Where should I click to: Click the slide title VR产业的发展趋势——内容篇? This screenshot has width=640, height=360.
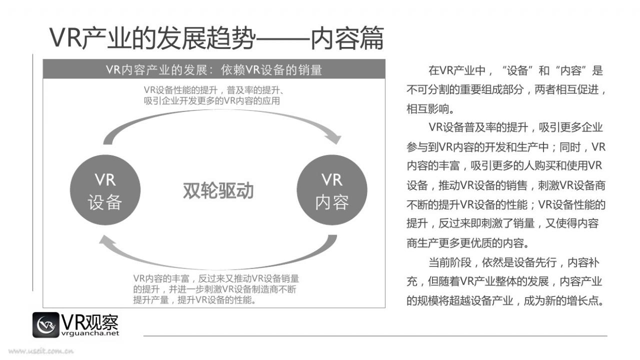(216, 38)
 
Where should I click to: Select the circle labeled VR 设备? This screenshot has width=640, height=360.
(105, 190)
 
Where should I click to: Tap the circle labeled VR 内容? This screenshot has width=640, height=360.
(332, 190)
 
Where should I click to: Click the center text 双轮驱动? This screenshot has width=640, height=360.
(218, 190)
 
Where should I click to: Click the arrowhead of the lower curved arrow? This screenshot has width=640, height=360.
(107, 240)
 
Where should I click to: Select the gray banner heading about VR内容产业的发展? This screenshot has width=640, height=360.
(214, 69)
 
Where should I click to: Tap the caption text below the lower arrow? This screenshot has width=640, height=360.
(216, 289)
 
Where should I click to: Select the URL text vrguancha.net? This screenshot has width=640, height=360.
(90, 333)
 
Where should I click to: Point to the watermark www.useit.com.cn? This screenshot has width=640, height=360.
(41, 350)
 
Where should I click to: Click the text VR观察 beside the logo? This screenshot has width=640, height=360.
(89, 322)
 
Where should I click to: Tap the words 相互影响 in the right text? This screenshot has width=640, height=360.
(427, 109)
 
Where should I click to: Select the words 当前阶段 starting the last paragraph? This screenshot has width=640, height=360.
(450, 262)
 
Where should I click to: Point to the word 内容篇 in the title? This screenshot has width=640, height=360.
(347, 38)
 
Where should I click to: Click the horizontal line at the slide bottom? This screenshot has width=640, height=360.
(375, 336)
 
